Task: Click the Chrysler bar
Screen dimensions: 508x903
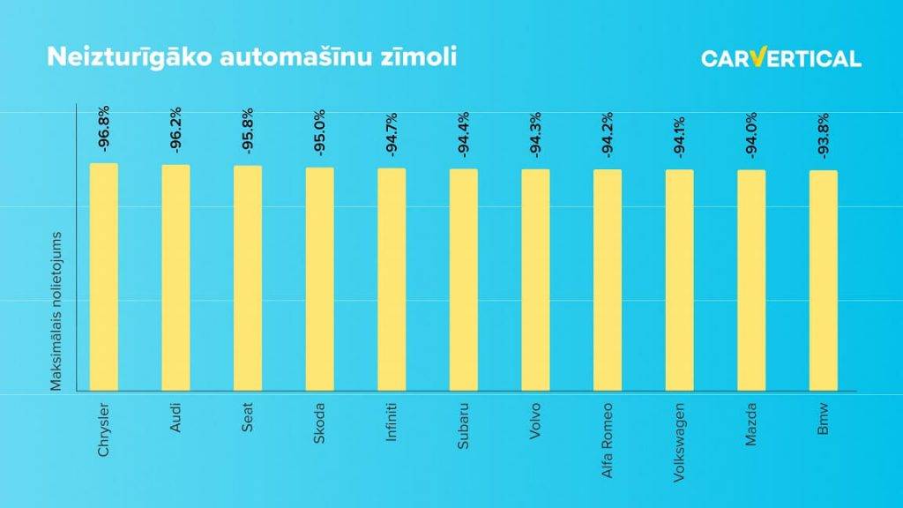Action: (103, 277)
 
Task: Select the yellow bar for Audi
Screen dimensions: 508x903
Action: (175, 278)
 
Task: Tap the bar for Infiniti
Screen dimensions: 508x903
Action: (392, 280)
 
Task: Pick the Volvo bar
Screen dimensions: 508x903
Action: (535, 280)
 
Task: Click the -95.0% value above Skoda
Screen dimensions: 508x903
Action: (320, 131)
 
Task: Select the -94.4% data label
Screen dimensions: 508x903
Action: (464, 133)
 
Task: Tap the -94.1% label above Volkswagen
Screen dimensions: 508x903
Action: (679, 135)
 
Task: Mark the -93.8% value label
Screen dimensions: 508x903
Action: (823, 136)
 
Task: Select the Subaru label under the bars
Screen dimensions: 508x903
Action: (464, 425)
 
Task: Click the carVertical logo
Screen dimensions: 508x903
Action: (780, 58)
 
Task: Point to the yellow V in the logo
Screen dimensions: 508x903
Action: (757, 57)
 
